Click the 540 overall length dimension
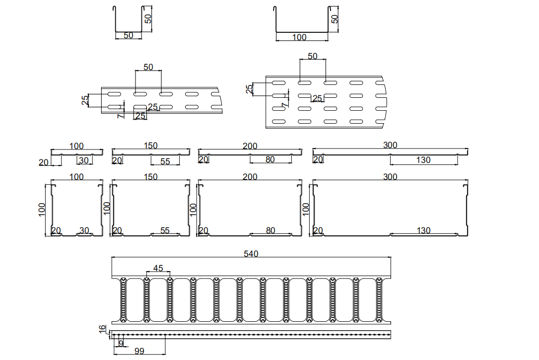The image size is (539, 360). click(x=251, y=254)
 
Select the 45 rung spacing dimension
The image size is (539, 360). click(x=158, y=268)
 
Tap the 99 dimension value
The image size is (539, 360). click(x=139, y=351)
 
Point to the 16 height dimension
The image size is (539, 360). click(x=103, y=329)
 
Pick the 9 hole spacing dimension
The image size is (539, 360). click(x=121, y=343)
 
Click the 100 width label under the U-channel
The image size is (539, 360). click(x=300, y=37)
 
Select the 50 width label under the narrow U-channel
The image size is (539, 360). click(x=128, y=36)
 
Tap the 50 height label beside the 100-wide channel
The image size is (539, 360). click(x=335, y=19)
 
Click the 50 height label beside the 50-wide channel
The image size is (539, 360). click(x=148, y=19)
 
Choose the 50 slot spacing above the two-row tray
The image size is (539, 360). click(x=148, y=67)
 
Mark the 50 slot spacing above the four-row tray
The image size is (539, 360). click(x=312, y=56)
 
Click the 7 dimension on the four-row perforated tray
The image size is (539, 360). click(x=284, y=105)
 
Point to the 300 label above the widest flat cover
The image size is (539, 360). click(x=391, y=145)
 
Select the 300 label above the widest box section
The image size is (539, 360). click(x=391, y=177)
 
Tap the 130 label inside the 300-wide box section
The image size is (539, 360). click(x=423, y=230)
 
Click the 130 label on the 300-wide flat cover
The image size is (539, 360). click(x=423, y=160)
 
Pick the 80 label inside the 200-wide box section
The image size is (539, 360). click(x=270, y=230)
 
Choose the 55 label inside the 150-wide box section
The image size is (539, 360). click(x=165, y=230)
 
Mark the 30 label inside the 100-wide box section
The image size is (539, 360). click(x=84, y=230)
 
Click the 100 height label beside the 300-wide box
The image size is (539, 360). click(x=306, y=208)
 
